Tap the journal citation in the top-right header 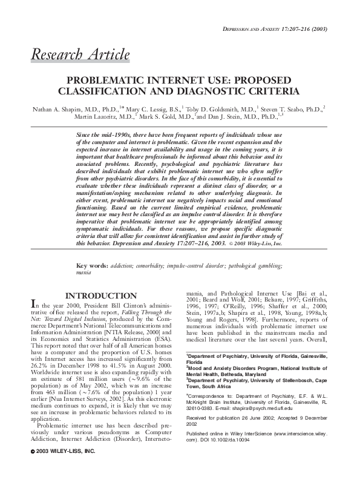pos(275,28)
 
